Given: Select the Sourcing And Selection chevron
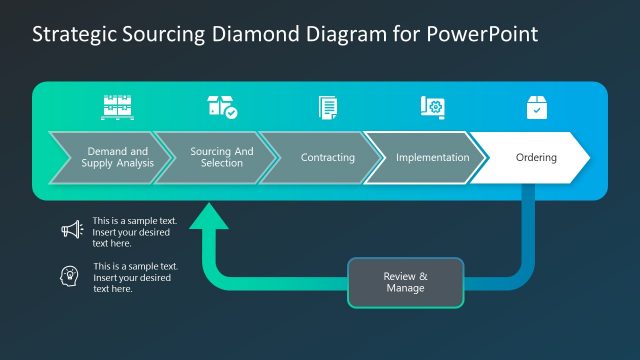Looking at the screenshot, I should click(216, 157).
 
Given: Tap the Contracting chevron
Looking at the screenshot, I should click(324, 158).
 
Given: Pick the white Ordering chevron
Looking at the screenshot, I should click(534, 158).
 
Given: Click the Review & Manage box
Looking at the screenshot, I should click(405, 282).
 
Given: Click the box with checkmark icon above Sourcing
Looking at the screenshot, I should click(221, 107).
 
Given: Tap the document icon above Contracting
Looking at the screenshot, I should click(327, 107).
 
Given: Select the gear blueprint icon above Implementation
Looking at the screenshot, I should click(432, 107).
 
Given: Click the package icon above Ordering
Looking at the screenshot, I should click(537, 107).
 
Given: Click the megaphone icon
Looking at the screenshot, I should click(71, 230).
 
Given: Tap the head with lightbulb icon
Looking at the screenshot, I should click(71, 276).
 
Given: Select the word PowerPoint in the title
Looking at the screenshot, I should click(485, 34).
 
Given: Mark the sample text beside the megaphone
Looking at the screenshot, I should click(131, 231).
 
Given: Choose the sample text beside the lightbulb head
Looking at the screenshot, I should click(135, 277).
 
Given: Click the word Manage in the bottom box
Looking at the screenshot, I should click(405, 289).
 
